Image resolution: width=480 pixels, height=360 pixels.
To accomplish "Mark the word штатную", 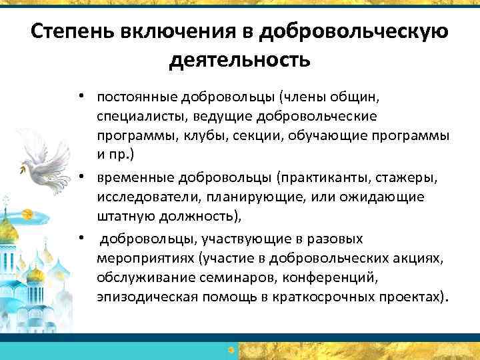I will click(121, 216).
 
